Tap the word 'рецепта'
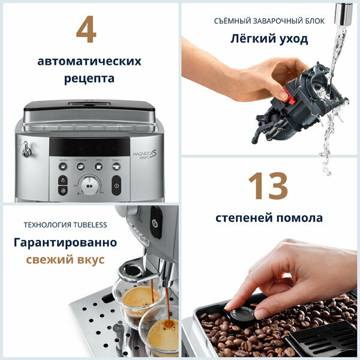click(89, 79)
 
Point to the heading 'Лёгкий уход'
click(269, 39)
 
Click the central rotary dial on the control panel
click(89, 185)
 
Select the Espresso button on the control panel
click(63, 166)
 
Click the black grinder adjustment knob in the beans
click(243, 314)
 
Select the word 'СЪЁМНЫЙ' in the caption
click(232, 21)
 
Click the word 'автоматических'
click(89, 61)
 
